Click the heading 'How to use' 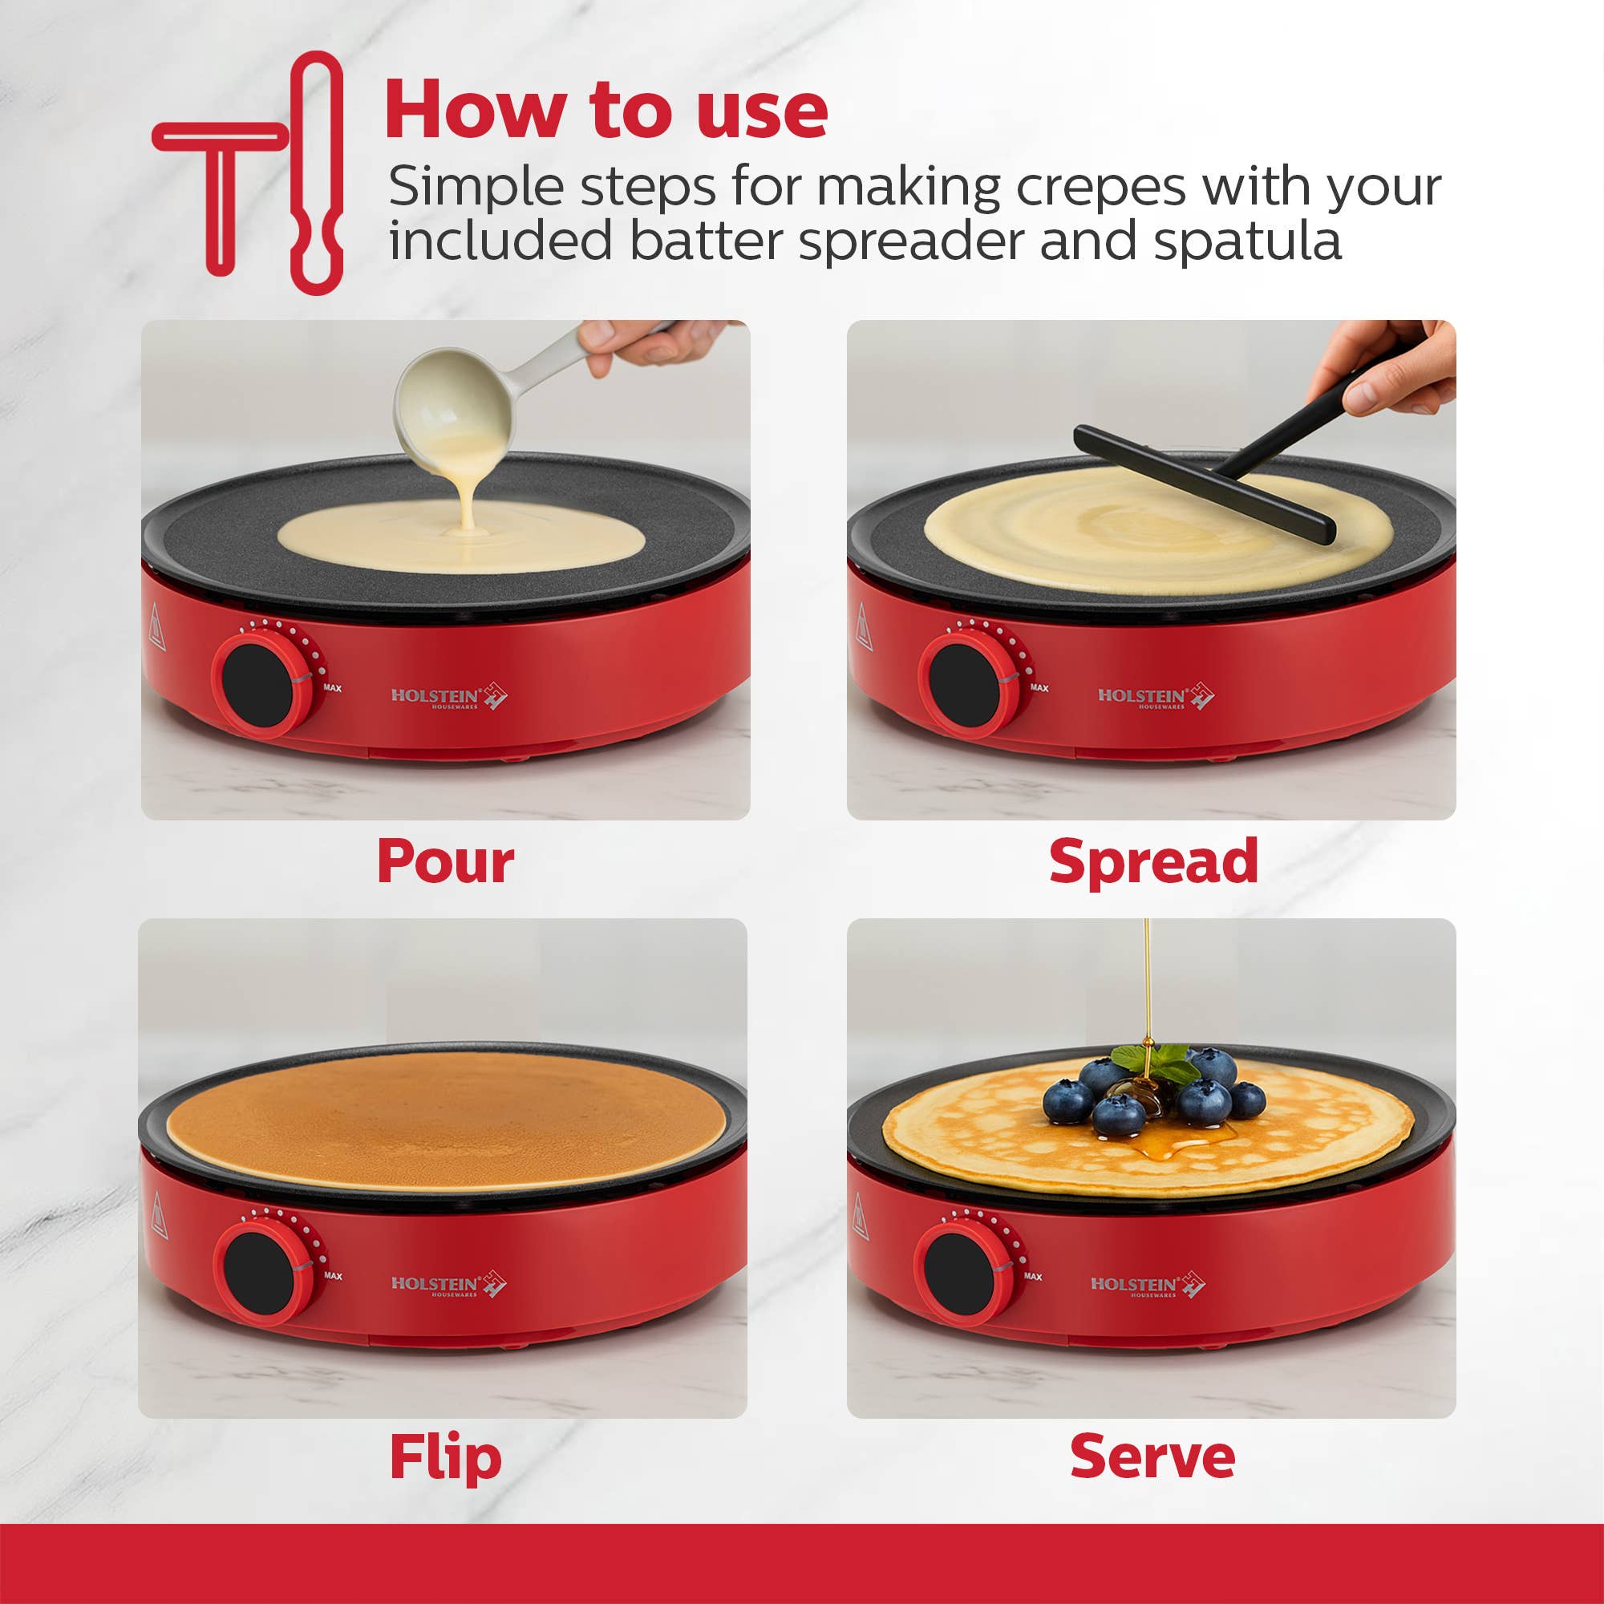coord(606,110)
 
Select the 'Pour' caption coord(445,863)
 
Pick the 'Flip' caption coord(445,1457)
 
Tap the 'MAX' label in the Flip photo coord(333,1276)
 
